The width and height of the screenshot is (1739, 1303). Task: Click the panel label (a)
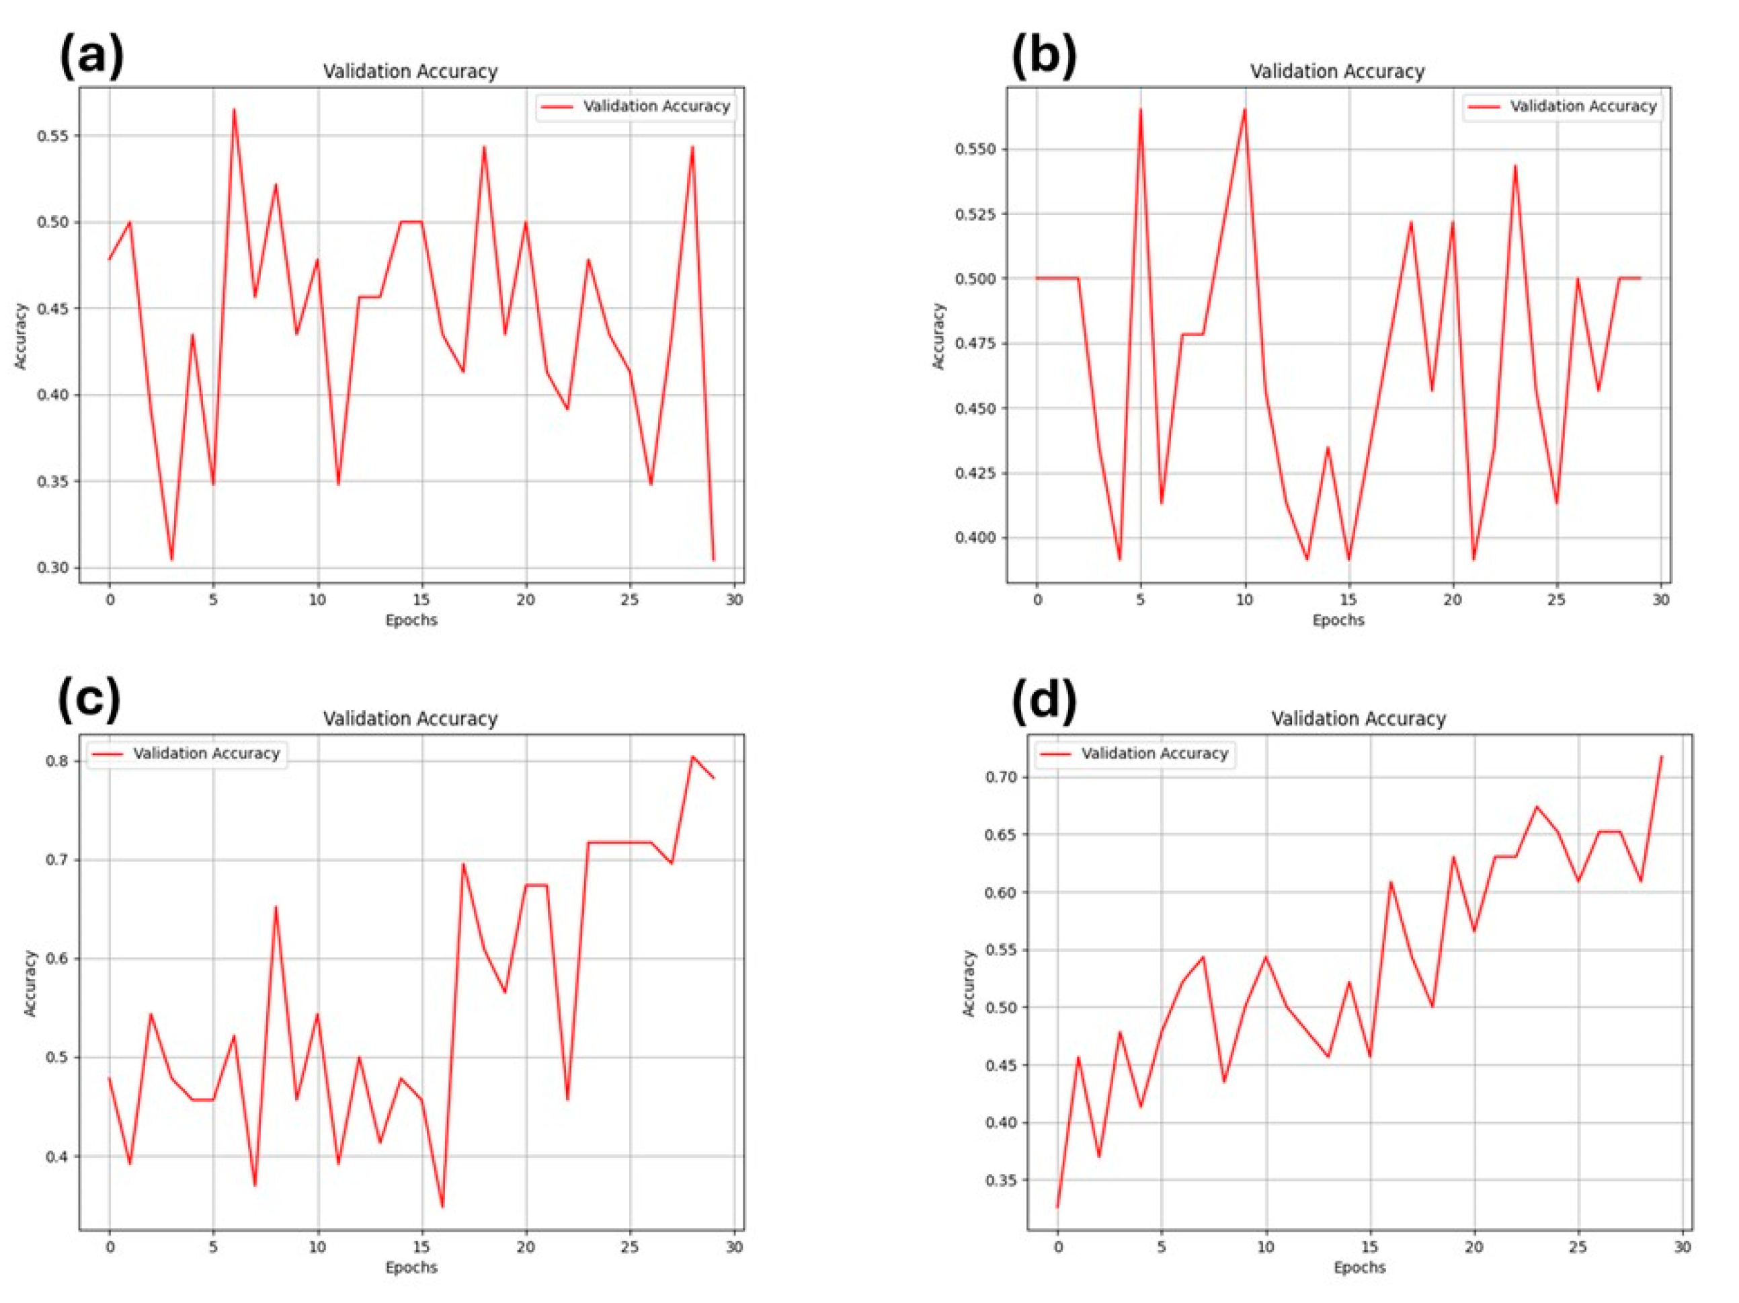point(91,56)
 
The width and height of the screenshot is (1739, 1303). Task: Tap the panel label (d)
point(1044,701)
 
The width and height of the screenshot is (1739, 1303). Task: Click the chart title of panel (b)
point(1337,71)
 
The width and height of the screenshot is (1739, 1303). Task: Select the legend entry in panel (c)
point(187,753)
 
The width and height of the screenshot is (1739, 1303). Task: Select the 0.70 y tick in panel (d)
point(1002,777)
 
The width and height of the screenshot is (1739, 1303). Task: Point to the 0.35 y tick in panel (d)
point(1002,1181)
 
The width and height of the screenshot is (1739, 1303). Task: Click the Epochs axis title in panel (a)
point(411,621)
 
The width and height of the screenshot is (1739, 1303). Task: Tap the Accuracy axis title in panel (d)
point(969,983)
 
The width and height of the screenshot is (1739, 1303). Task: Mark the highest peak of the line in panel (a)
point(233,110)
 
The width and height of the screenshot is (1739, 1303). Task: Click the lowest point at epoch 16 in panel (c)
point(442,1206)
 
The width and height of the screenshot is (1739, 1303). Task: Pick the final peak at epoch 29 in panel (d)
point(1661,756)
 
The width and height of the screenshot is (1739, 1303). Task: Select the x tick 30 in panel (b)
point(1660,600)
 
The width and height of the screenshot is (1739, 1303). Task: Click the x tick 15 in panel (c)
point(422,1247)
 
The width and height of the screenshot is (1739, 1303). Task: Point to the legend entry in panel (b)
point(1562,106)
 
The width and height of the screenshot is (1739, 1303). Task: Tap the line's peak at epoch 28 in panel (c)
point(692,756)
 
